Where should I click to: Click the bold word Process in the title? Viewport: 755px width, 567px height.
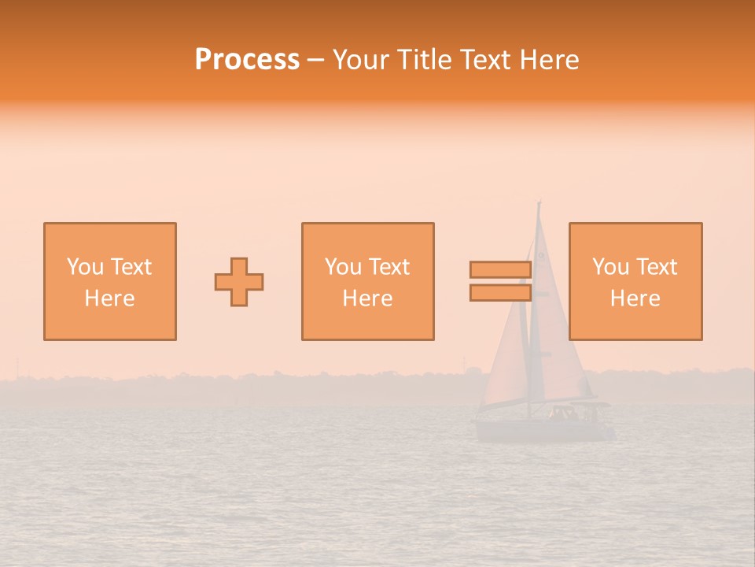247,59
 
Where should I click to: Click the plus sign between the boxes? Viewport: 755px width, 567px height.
239,282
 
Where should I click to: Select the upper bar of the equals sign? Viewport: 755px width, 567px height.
500,269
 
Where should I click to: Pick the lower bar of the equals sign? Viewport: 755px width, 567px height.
500,293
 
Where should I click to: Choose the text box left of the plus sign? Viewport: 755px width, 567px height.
110,281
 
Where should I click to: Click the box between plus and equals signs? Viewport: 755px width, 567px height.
367,281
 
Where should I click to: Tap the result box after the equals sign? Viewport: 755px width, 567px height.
635,281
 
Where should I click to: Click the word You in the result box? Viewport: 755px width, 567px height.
610,267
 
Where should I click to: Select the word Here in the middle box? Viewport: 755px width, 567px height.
367,298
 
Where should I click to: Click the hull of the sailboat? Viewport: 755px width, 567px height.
543,430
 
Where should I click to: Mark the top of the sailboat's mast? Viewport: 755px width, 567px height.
540,204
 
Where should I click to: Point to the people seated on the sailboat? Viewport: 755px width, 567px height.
562,412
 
